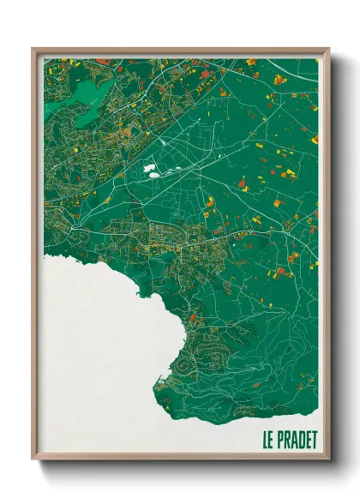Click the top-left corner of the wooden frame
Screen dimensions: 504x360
pos(33,49)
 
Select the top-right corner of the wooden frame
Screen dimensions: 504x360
pos(328,49)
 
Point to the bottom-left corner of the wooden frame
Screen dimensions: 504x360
pos(33,459)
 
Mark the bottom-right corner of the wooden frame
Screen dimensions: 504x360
pos(328,459)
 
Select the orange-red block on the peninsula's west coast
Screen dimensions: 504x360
pos(192,318)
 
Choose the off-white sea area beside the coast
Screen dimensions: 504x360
pos(94,343)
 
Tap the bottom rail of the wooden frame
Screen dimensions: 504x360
pos(180,456)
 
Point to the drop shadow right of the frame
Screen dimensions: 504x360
pos(336,257)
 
